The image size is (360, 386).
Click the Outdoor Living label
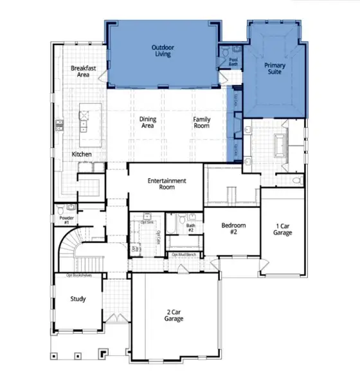pyautogui.click(x=163, y=52)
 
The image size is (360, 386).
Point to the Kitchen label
pyautogui.click(x=82, y=154)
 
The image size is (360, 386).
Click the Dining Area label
pyautogui.click(x=148, y=123)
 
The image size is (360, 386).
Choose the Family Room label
pyautogui.click(x=202, y=123)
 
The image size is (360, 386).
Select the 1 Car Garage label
pyautogui.click(x=282, y=230)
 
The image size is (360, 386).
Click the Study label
pyautogui.click(x=78, y=299)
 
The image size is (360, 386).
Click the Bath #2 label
pyautogui.click(x=191, y=228)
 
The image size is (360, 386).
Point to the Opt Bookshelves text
pyautogui.click(x=78, y=275)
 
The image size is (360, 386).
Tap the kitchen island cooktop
pyautogui.click(x=83, y=117)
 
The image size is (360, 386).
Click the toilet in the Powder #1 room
pyautogui.click(x=60, y=210)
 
